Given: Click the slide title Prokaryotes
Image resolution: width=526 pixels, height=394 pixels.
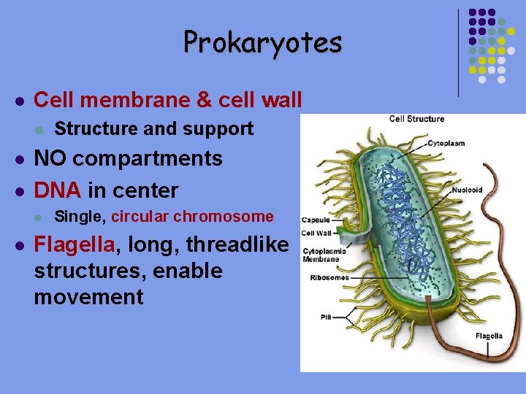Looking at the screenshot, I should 262,42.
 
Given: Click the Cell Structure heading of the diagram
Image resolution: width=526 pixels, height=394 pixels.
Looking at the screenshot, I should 416,119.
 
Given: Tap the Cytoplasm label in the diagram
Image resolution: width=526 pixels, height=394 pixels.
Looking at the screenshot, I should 446,144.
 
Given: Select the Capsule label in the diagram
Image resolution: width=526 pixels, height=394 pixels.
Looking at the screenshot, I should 316,219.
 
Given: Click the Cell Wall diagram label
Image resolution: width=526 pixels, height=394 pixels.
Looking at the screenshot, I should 316,233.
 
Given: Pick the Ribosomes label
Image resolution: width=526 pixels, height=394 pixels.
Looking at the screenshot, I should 329,278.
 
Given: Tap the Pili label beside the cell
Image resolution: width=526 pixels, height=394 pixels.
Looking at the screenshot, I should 326,317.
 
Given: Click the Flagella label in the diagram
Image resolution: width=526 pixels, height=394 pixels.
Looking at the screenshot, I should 489,336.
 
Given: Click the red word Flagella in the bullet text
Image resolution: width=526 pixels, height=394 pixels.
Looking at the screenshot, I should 74,244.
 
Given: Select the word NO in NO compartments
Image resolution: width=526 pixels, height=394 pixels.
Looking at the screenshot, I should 51,159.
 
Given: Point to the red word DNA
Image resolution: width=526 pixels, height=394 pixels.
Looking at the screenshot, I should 58,191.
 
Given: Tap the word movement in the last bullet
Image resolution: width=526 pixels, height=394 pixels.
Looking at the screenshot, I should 88,298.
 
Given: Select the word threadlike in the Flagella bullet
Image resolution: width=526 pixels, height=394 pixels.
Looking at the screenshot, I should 237,244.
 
